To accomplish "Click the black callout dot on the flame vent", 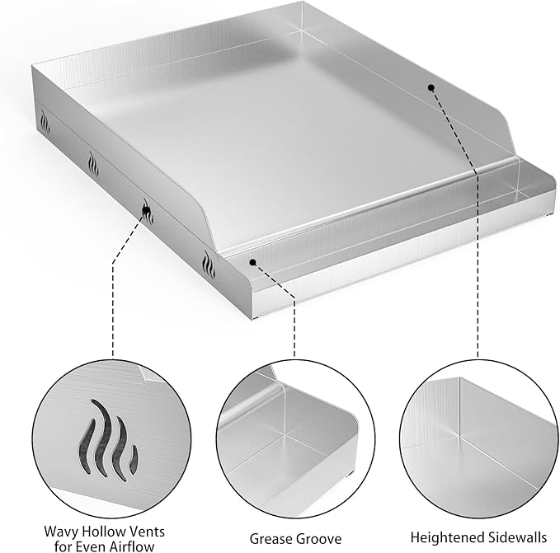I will (x=147, y=212).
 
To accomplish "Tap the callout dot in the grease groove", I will (x=253, y=263).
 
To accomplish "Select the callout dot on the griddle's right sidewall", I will (x=431, y=87).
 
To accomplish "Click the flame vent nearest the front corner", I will (x=207, y=265).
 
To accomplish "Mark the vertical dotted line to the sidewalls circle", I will (x=478, y=288).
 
